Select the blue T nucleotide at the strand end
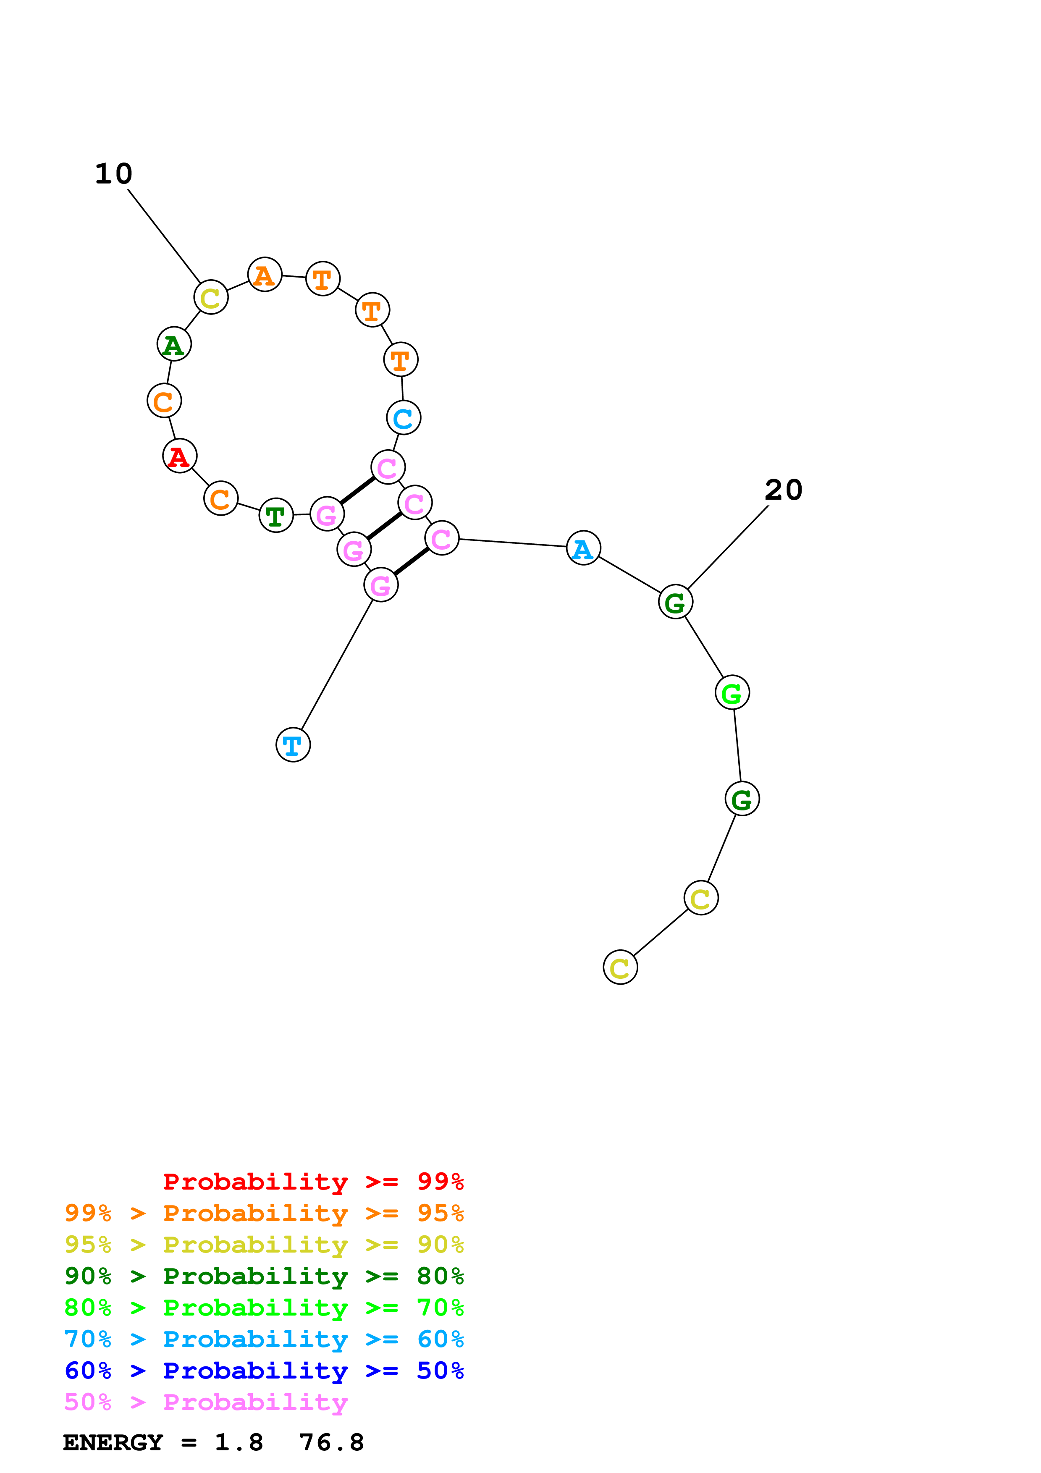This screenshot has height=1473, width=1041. click(293, 745)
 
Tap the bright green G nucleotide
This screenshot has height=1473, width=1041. click(732, 692)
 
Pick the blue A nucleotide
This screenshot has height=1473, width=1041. click(583, 548)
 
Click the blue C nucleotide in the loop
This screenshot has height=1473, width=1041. click(404, 418)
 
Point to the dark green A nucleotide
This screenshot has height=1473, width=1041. click(174, 344)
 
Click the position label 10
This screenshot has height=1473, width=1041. click(113, 174)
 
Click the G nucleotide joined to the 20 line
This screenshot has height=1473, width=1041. click(675, 602)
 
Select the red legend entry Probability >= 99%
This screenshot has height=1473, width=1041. click(313, 1182)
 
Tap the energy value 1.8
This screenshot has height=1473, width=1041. click(239, 1442)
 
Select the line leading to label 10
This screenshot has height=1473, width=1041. click(164, 236)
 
